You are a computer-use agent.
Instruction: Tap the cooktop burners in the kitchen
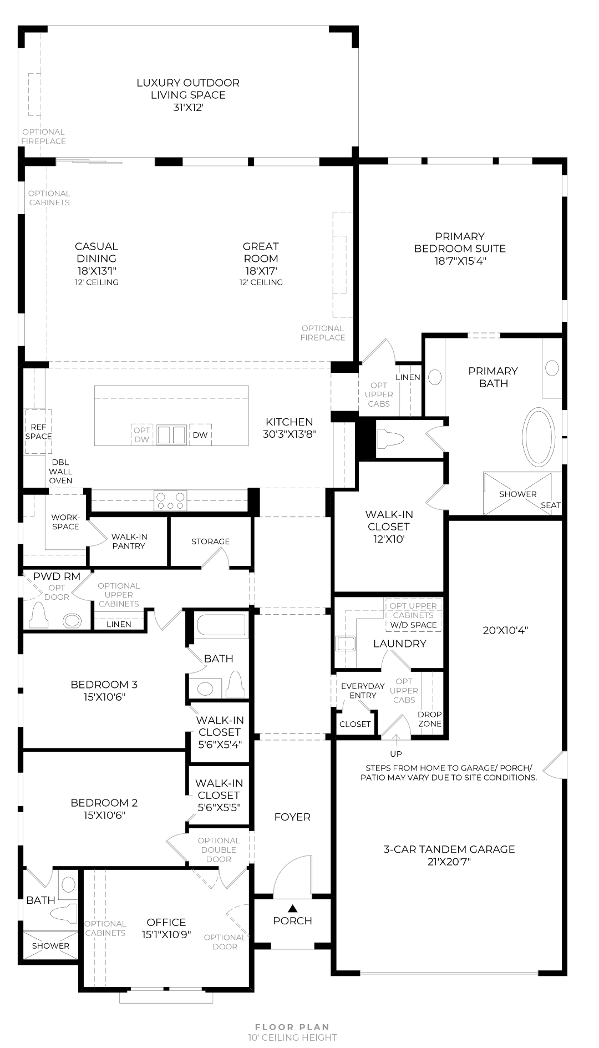pyautogui.click(x=170, y=501)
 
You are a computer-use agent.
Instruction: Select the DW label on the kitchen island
pyautogui.click(x=200, y=435)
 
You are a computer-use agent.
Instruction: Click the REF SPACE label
pyautogui.click(x=38, y=432)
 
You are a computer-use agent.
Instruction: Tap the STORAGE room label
pyautogui.click(x=210, y=541)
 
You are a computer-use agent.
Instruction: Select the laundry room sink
pyautogui.click(x=346, y=644)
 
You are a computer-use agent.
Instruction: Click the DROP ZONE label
pyautogui.click(x=430, y=719)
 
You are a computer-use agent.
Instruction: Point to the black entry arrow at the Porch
pyautogui.click(x=292, y=908)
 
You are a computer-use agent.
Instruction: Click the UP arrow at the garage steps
pyautogui.click(x=396, y=738)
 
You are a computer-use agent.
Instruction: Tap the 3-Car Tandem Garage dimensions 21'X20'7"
pyautogui.click(x=449, y=862)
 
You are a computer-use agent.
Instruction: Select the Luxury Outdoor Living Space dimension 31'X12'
pyautogui.click(x=188, y=108)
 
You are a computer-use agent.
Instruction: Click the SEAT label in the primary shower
pyautogui.click(x=551, y=505)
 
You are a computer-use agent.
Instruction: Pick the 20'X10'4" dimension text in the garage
pyautogui.click(x=505, y=630)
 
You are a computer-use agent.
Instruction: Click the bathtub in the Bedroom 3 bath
pyautogui.click(x=221, y=625)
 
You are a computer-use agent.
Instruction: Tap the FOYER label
pyautogui.click(x=292, y=817)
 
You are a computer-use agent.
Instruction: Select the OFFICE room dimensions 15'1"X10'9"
pyautogui.click(x=166, y=934)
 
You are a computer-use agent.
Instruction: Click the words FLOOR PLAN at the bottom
pyautogui.click(x=292, y=1027)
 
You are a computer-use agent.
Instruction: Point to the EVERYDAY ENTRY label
pyautogui.click(x=363, y=691)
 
